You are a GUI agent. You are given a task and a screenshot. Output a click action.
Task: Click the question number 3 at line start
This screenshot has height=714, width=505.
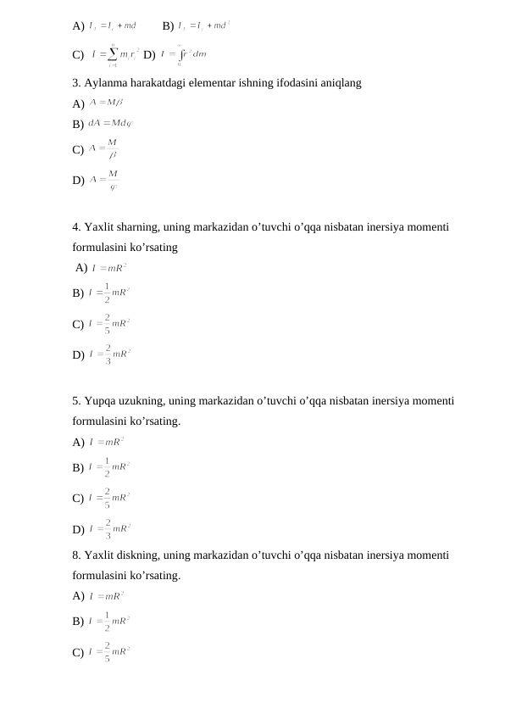[76, 83]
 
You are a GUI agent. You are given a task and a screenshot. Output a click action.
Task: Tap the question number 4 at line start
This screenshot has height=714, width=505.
[76, 227]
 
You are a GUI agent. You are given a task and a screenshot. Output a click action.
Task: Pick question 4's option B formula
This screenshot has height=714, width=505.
[108, 293]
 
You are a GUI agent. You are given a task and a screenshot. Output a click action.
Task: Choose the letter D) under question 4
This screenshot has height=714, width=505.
[78, 355]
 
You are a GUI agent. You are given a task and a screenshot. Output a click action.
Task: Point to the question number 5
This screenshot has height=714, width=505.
[76, 401]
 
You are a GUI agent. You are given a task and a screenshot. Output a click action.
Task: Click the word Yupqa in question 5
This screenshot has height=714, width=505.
[101, 401]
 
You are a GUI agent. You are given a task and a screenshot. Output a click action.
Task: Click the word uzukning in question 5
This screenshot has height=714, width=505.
[143, 401]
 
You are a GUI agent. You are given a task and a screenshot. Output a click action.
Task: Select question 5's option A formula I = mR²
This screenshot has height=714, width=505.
[107, 441]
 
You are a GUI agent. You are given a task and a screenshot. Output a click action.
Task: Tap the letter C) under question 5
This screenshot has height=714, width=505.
[78, 498]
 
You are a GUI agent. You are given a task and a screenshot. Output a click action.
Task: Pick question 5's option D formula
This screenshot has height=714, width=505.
[108, 529]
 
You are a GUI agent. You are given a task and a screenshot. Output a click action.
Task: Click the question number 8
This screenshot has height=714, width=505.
[76, 555]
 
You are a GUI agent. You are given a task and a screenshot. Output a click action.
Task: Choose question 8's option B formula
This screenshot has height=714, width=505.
[108, 621]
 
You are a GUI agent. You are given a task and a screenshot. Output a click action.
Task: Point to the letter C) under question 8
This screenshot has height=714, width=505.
[78, 651]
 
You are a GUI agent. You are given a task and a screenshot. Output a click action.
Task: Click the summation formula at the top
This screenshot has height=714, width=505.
[108, 54]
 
